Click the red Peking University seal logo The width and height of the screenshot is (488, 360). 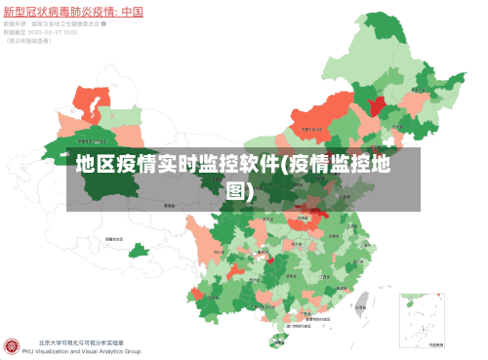(13, 347)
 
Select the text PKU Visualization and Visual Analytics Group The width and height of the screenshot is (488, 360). (89, 352)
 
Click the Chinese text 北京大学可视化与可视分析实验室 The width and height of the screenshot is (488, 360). (82, 343)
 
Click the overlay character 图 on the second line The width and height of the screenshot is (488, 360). (238, 190)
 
